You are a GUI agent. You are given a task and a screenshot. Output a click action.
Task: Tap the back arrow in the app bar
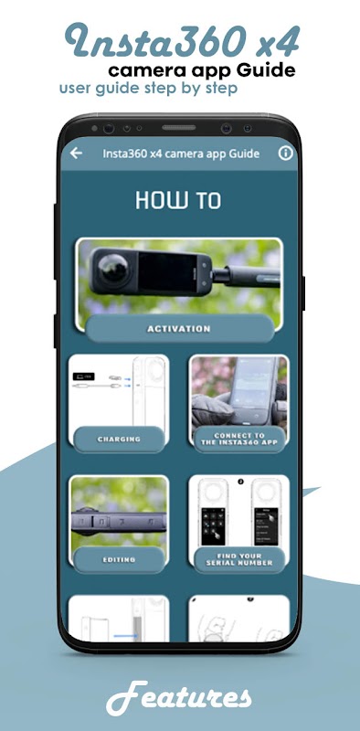point(76,153)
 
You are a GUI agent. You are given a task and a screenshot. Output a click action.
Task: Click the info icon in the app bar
point(285,153)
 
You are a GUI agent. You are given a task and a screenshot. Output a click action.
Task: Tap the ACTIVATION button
point(179,329)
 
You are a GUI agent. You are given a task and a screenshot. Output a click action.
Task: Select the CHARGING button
point(119,440)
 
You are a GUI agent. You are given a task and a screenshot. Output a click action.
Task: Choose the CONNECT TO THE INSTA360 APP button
point(239,440)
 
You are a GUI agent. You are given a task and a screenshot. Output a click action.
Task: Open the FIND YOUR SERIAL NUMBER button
point(239,559)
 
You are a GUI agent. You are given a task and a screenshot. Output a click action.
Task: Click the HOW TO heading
point(178,201)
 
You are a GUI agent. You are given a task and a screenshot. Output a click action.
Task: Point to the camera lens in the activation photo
point(113,270)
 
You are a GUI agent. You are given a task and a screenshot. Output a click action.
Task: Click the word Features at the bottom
point(178,698)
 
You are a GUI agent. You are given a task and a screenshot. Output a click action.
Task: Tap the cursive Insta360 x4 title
point(183,40)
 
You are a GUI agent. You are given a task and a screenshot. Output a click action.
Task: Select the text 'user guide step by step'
point(148,88)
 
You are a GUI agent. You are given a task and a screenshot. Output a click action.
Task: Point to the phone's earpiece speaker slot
point(179,127)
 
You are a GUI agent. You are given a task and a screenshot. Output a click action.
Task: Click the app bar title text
point(181,154)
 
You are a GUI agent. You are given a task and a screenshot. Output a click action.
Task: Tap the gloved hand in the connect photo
point(213,408)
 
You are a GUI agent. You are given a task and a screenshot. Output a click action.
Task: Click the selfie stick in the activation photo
point(246,277)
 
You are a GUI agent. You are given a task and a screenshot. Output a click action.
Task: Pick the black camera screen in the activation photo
point(167,272)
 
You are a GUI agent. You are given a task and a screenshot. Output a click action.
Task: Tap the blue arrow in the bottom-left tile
point(125,635)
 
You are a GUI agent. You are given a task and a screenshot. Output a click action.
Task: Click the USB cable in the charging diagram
point(97,386)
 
